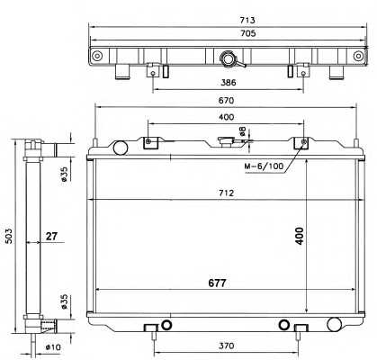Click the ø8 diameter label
[241, 134]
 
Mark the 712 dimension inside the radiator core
[227, 193]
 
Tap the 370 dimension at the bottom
[227, 346]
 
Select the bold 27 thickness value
[51, 238]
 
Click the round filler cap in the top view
[228, 60]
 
